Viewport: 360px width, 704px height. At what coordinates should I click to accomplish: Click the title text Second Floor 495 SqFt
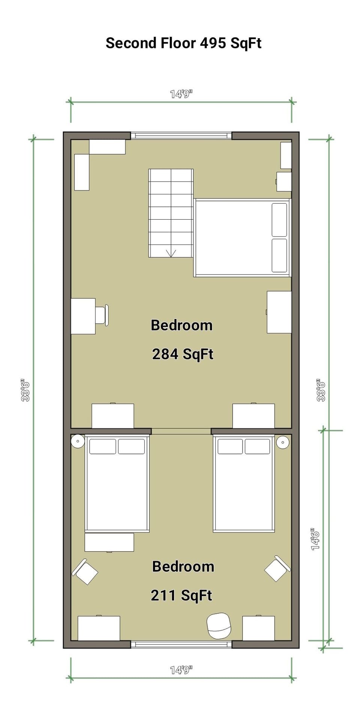tap(183, 43)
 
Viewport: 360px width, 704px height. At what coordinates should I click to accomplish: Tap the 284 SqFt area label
tap(183, 354)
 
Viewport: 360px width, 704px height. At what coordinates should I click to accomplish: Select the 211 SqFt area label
tap(181, 595)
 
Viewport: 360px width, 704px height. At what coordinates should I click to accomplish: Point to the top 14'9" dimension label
tap(181, 94)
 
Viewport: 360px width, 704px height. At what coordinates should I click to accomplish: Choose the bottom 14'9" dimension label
tap(181, 670)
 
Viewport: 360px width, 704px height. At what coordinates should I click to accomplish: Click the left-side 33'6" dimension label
tap(25, 390)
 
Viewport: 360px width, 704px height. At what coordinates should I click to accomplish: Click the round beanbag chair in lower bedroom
tap(219, 626)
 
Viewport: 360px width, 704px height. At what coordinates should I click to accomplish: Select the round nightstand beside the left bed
tap(78, 441)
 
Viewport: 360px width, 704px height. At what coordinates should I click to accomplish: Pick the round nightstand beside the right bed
tap(282, 442)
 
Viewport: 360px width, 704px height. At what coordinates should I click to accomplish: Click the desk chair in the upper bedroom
tap(102, 315)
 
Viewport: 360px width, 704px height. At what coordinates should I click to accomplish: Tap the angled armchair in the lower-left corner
tap(85, 571)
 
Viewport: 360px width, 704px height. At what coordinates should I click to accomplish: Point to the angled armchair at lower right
tap(277, 568)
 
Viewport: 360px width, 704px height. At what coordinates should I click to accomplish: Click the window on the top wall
tap(181, 135)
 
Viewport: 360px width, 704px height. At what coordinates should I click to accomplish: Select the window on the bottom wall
tap(181, 644)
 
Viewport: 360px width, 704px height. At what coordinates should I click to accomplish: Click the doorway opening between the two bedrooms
tap(181, 431)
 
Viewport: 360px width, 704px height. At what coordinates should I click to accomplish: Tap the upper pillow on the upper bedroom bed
tap(279, 220)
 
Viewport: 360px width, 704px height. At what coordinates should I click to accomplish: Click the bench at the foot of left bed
tap(109, 542)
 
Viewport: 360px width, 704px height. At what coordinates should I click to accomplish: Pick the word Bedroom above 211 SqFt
tap(183, 566)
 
